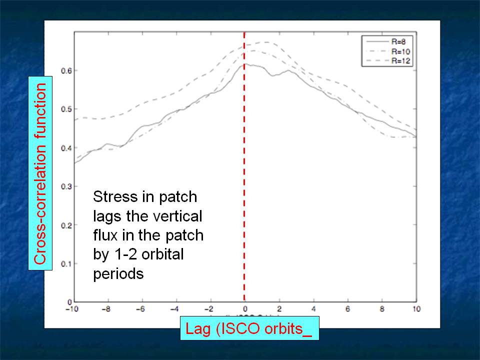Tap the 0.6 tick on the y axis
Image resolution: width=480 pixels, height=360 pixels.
click(65, 71)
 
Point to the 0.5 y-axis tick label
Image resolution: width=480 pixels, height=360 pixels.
click(65, 109)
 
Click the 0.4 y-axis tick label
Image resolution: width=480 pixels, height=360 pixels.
click(65, 148)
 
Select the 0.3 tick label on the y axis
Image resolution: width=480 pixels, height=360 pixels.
click(65, 186)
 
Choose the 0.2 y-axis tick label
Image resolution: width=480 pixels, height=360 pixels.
click(65, 225)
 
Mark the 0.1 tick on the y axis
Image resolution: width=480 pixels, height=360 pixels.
click(65, 263)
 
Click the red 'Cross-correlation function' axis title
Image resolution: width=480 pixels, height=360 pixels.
click(40, 173)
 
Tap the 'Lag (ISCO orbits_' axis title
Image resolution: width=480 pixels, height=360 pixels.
click(248, 330)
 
